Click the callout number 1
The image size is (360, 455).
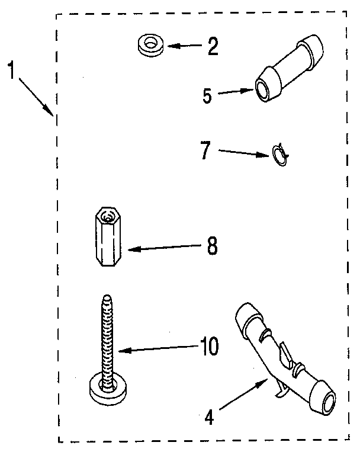pyautogui.click(x=11, y=70)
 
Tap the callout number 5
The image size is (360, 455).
pyautogui.click(x=206, y=96)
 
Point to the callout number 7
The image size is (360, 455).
pyautogui.click(x=205, y=150)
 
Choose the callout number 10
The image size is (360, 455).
pyautogui.click(x=208, y=347)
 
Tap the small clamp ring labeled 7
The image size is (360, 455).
pyautogui.click(x=279, y=156)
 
